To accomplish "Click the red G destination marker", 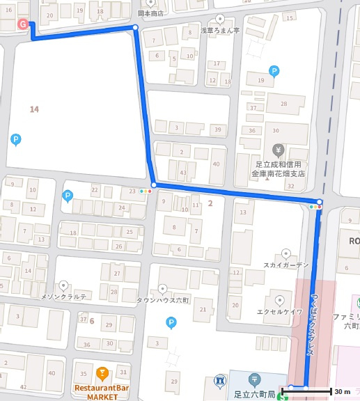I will click(23, 24).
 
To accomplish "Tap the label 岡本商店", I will click(150, 13).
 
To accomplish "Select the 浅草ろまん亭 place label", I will click(220, 31).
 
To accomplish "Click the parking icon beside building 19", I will click(274, 70).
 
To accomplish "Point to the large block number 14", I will click(33, 109).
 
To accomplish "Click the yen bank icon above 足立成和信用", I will click(278, 150).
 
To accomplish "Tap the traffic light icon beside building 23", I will click(146, 190).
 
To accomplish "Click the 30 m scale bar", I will click(320, 391).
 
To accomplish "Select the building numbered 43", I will click(183, 172).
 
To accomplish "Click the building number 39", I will click(218, 129).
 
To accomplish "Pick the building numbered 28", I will click(283, 104).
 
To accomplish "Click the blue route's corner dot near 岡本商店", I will click(134, 28).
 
